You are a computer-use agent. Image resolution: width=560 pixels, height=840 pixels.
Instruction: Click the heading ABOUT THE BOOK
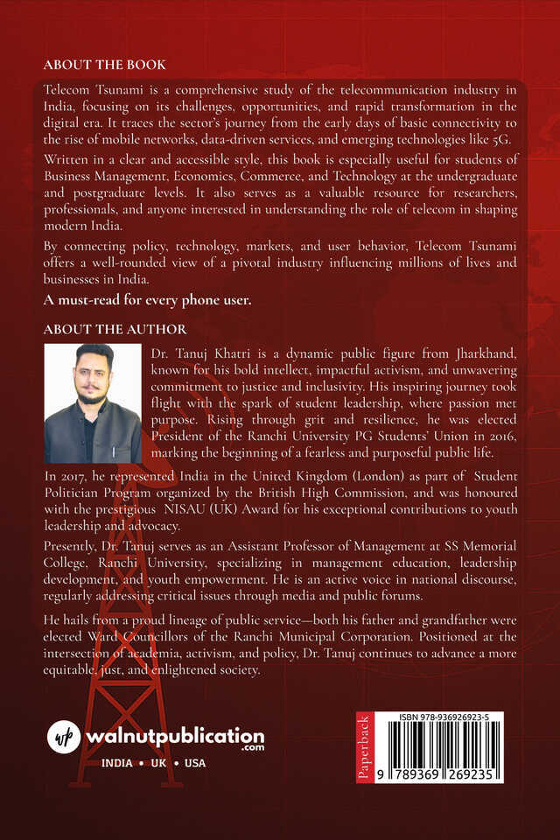(x=104, y=66)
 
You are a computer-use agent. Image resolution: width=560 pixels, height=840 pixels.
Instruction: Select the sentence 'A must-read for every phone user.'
(x=148, y=300)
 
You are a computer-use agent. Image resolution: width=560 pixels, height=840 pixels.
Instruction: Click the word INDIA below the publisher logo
(x=117, y=763)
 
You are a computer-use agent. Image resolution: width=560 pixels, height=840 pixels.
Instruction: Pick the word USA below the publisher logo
(x=195, y=763)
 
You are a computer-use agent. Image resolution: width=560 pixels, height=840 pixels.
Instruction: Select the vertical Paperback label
(x=365, y=747)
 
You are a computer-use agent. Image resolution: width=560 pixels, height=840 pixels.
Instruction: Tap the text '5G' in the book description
(x=507, y=143)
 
